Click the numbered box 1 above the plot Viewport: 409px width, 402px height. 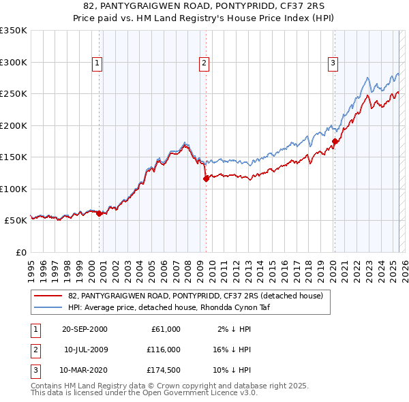[97, 63]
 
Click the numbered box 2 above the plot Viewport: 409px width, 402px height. [204, 63]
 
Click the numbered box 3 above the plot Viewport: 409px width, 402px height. [333, 63]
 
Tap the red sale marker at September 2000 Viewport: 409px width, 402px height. [100, 213]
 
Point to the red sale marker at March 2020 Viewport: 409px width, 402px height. [335, 142]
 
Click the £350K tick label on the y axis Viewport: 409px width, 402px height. [14, 31]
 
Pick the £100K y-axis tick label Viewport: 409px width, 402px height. [14, 189]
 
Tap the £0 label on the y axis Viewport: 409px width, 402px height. [20, 252]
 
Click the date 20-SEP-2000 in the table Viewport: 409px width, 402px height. [85, 329]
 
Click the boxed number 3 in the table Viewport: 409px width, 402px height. [34, 371]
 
